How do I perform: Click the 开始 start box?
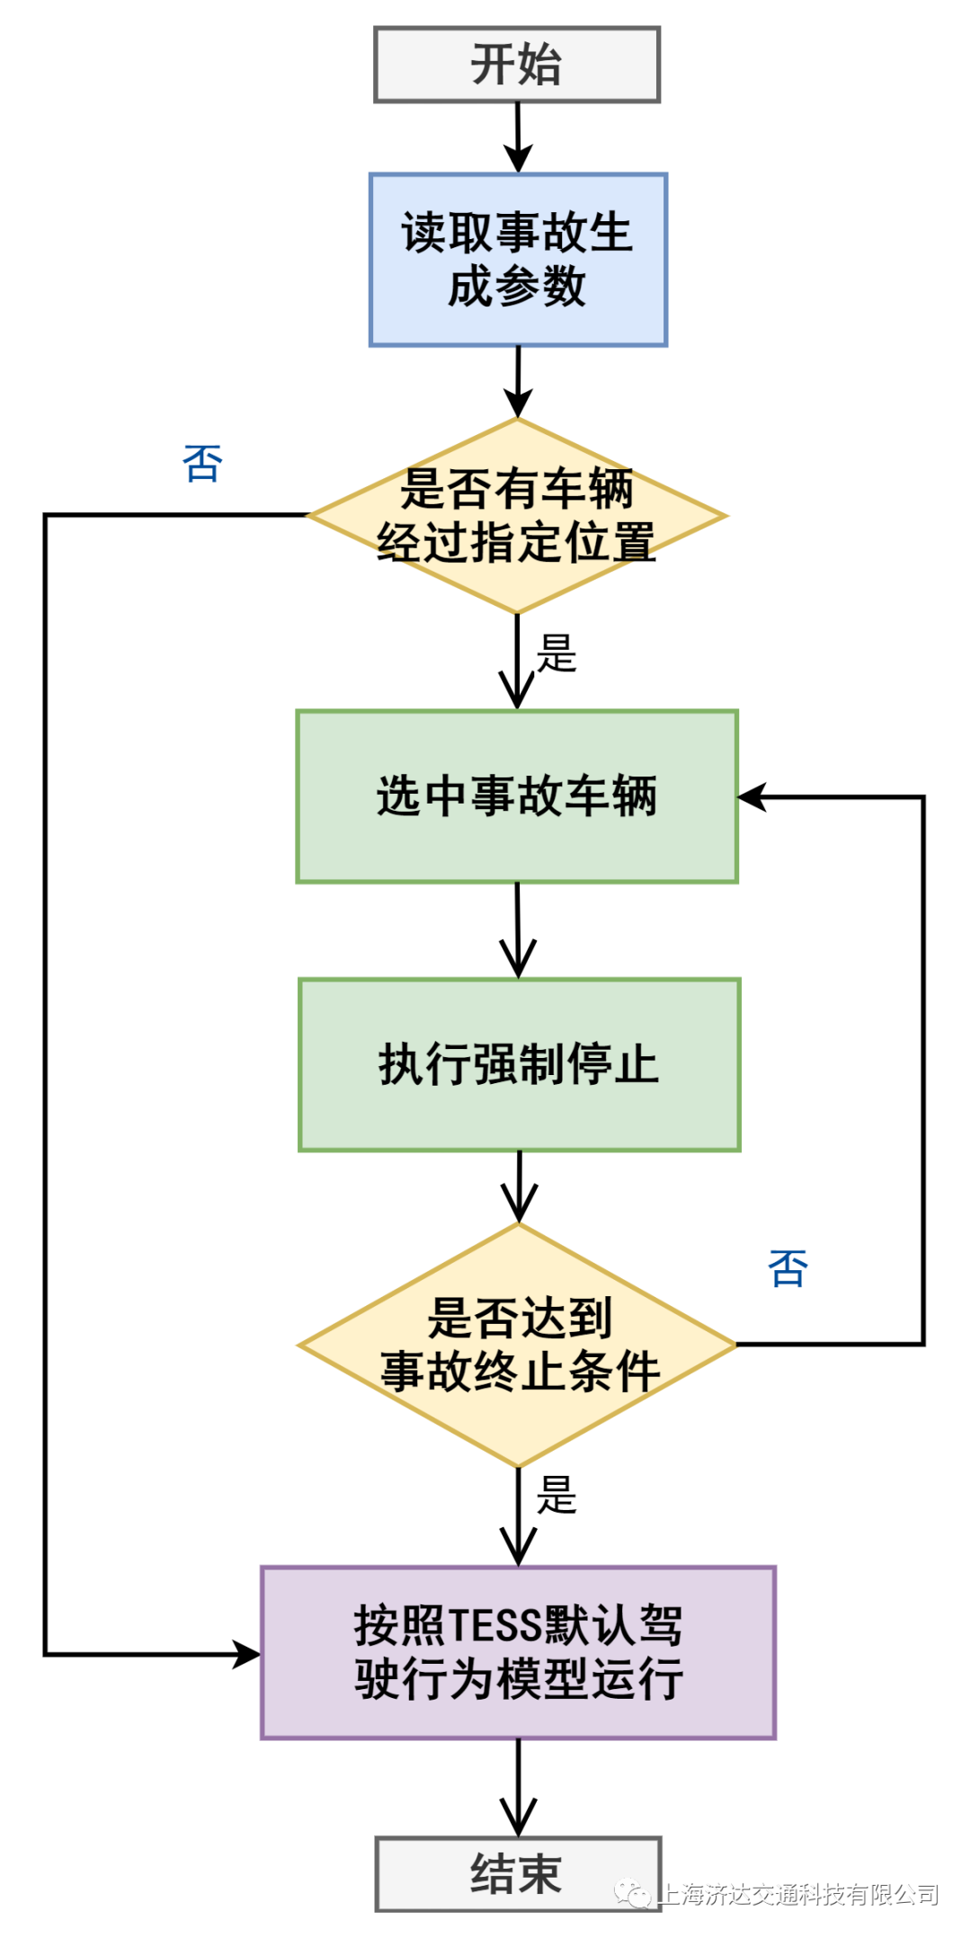tap(517, 65)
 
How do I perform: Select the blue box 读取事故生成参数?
tap(518, 260)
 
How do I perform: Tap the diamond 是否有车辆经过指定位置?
tap(517, 516)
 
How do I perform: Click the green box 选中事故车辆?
tap(517, 796)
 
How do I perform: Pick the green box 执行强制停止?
tap(519, 1064)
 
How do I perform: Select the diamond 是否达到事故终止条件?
tap(518, 1345)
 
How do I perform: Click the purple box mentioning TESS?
tap(518, 1652)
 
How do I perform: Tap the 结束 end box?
tap(518, 1874)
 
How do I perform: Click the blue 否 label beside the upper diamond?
tap(202, 464)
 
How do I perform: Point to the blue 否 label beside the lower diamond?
tap(788, 1268)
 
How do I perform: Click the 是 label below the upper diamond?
tap(556, 653)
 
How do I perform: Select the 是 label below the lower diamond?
tap(556, 1495)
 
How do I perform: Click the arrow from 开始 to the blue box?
tap(518, 137)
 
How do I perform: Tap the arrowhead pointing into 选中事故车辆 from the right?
tap(752, 796)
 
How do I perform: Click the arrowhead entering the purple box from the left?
tap(246, 1654)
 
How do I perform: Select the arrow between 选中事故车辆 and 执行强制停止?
tap(518, 930)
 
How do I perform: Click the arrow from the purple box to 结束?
tap(519, 1789)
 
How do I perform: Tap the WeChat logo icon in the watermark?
tap(634, 1894)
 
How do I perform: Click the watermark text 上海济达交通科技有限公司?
tap(799, 1894)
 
